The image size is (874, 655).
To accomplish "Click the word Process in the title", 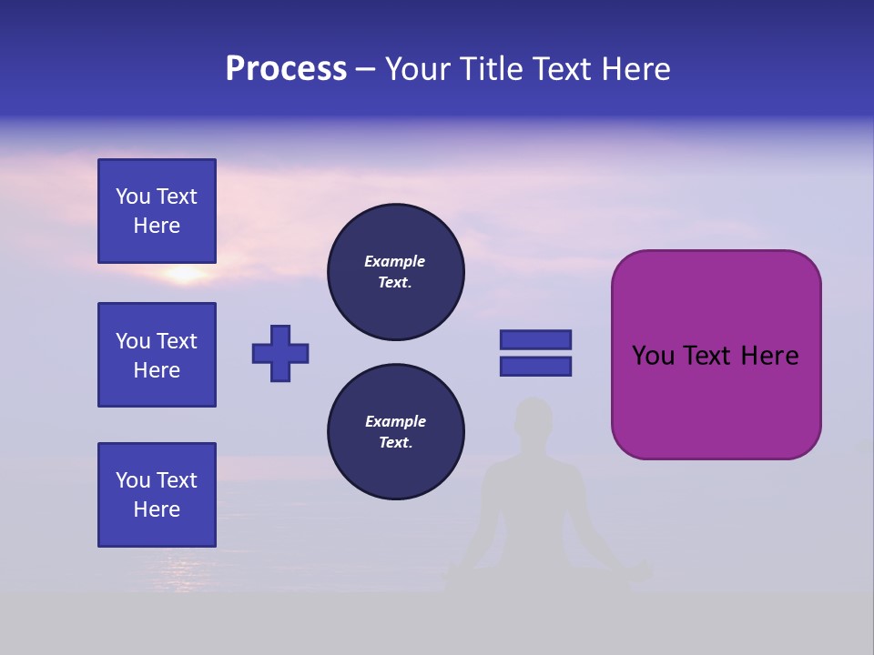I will (x=286, y=69).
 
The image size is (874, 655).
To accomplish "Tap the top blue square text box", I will (x=157, y=211).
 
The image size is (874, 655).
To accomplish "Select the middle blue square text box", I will (x=157, y=355).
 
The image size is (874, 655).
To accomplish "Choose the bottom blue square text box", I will (x=157, y=495).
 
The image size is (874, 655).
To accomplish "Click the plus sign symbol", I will (x=280, y=353).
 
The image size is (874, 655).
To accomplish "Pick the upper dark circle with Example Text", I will (x=395, y=272).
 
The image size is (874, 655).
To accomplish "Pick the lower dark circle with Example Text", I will (x=395, y=432).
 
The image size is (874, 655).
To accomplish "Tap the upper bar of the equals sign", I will (x=535, y=339).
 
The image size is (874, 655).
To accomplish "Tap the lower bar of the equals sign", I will (x=535, y=366).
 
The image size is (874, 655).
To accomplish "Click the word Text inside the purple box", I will (x=707, y=356).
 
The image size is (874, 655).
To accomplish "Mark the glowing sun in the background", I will (x=185, y=273).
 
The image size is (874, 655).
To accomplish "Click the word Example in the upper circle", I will (x=395, y=261).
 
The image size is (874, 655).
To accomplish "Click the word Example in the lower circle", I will (x=395, y=421).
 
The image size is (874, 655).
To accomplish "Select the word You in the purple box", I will (x=653, y=356).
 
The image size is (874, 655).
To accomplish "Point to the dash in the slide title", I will (x=366, y=69).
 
